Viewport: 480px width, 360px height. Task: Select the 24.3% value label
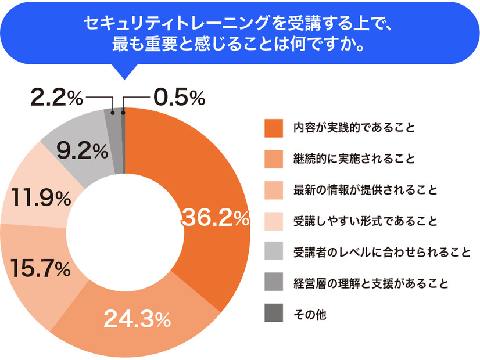137,318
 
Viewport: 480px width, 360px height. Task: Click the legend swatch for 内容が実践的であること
273,128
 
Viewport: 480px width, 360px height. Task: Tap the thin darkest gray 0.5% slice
123,139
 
